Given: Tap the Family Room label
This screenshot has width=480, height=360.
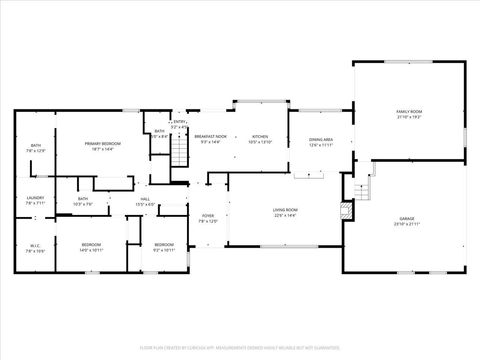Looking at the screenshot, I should pos(410,112).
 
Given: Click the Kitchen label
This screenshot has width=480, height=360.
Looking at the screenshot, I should pos(260,137).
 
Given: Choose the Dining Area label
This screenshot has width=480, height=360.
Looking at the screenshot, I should pos(321,140).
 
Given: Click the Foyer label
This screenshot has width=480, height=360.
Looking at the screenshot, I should pos(208,216).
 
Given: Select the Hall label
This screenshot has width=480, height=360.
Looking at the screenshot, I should pos(145,199).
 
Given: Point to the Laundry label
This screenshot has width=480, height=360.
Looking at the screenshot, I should pos(35,198).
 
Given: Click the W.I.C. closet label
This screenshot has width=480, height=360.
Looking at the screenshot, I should pos(35,245).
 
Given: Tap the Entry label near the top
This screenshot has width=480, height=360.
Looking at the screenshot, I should pos(180,123).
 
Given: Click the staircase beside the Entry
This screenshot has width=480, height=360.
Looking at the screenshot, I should pos(179,153).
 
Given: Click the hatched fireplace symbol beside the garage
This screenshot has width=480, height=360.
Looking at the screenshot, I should pos(347,211).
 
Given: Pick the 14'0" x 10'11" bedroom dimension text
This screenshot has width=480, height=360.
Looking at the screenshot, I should pos(91,250).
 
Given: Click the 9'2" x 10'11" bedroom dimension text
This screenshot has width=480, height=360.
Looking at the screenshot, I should pos(163,250).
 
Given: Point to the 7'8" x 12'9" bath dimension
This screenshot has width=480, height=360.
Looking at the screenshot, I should pos(35,152).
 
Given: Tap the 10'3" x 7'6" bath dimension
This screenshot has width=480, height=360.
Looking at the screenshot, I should pos(83,203).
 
